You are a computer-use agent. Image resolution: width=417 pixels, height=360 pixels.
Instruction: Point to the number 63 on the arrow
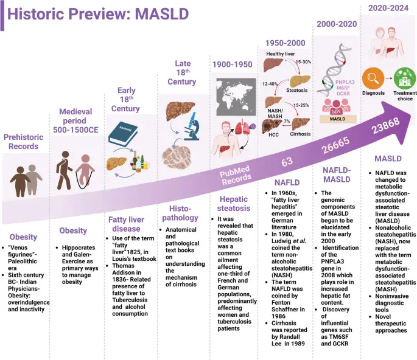287,162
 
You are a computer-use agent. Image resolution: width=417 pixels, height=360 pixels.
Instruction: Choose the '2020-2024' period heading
390,7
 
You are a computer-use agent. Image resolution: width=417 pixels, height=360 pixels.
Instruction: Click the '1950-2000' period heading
286,43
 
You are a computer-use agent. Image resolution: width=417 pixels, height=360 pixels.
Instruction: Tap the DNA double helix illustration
332,66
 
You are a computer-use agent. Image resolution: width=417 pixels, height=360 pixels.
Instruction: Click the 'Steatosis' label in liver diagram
297,89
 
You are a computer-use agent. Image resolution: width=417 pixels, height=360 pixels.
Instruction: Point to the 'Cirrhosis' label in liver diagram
301,134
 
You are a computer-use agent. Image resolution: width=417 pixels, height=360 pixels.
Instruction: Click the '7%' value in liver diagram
286,122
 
